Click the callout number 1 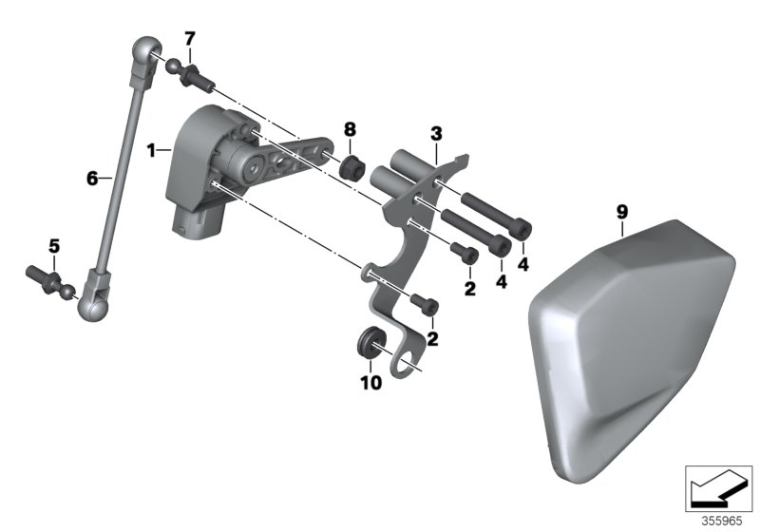(152, 151)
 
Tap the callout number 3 (436, 134)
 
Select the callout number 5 (54, 246)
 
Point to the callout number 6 (92, 179)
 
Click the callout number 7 (189, 38)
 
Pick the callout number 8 (350, 129)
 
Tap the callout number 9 (622, 212)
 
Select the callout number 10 (370, 383)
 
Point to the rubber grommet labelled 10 (370, 343)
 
